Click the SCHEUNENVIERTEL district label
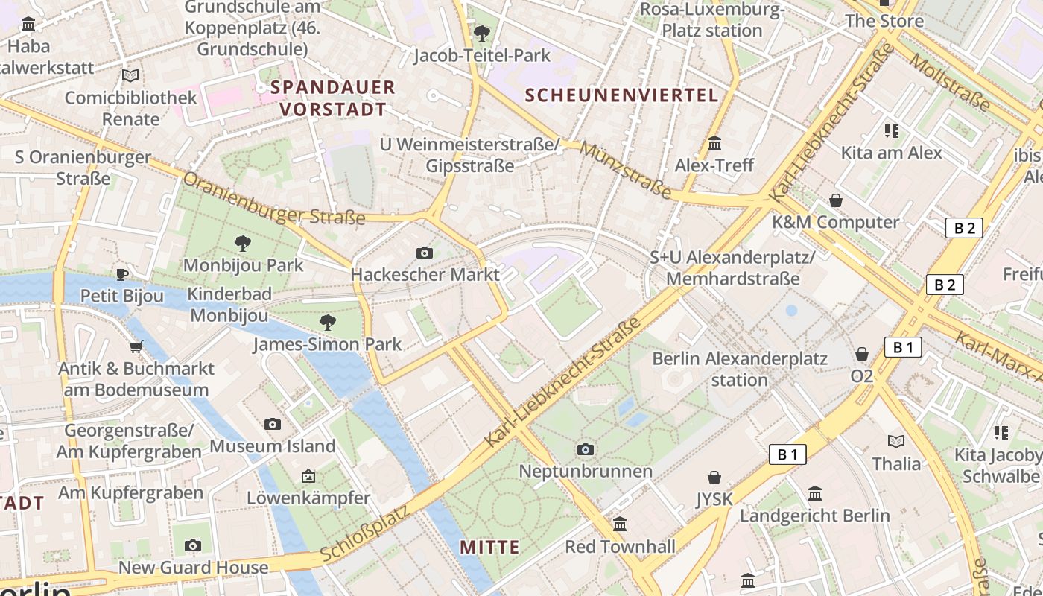pyautogui.click(x=621, y=95)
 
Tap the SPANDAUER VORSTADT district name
pyautogui.click(x=332, y=98)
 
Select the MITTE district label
pyautogui.click(x=489, y=548)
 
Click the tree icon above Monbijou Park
pyautogui.click(x=242, y=243)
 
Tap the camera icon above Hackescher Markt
pyautogui.click(x=425, y=253)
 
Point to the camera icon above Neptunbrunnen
pyautogui.click(x=586, y=449)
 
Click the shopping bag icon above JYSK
pyautogui.click(x=714, y=477)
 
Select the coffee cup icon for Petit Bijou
pyautogui.click(x=122, y=275)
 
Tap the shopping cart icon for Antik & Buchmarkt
pyautogui.click(x=136, y=346)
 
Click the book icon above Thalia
pyautogui.click(x=896, y=441)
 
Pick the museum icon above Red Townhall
pyautogui.click(x=620, y=524)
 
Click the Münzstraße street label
pyautogui.click(x=626, y=171)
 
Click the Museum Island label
pyautogui.click(x=273, y=446)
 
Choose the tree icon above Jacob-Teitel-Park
pyautogui.click(x=482, y=34)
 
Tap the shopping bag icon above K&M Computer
pyautogui.click(x=836, y=200)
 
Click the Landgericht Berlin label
pyautogui.click(x=814, y=516)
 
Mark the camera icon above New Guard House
pyautogui.click(x=193, y=546)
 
